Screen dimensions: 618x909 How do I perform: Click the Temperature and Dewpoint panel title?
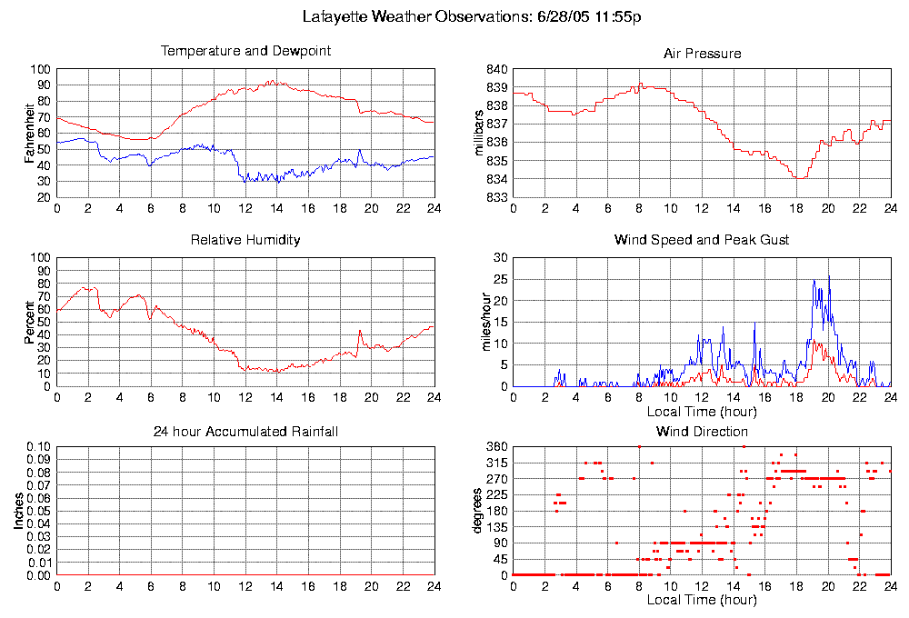tap(245, 52)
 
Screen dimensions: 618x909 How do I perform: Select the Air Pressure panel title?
tap(702, 55)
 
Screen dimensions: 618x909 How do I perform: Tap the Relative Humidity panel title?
tap(245, 241)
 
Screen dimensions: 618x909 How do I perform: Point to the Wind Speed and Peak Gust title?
tap(702, 241)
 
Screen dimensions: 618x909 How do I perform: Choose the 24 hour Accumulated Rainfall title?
tap(245, 432)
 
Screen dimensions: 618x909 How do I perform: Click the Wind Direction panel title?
tap(702, 432)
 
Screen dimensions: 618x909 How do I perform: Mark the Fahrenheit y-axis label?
tap(31, 134)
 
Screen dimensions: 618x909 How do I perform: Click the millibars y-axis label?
tap(481, 134)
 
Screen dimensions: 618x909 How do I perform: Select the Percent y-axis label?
tap(31, 322)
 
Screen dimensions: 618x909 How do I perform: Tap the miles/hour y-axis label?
tap(481, 322)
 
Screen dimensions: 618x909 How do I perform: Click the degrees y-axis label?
tap(478, 511)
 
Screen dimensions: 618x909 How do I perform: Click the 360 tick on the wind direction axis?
tap(496, 447)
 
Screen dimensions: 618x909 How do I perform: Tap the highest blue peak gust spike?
tap(828, 276)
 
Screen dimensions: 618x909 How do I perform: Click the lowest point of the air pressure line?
tap(799, 178)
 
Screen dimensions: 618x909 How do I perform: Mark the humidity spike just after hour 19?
tap(360, 331)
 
